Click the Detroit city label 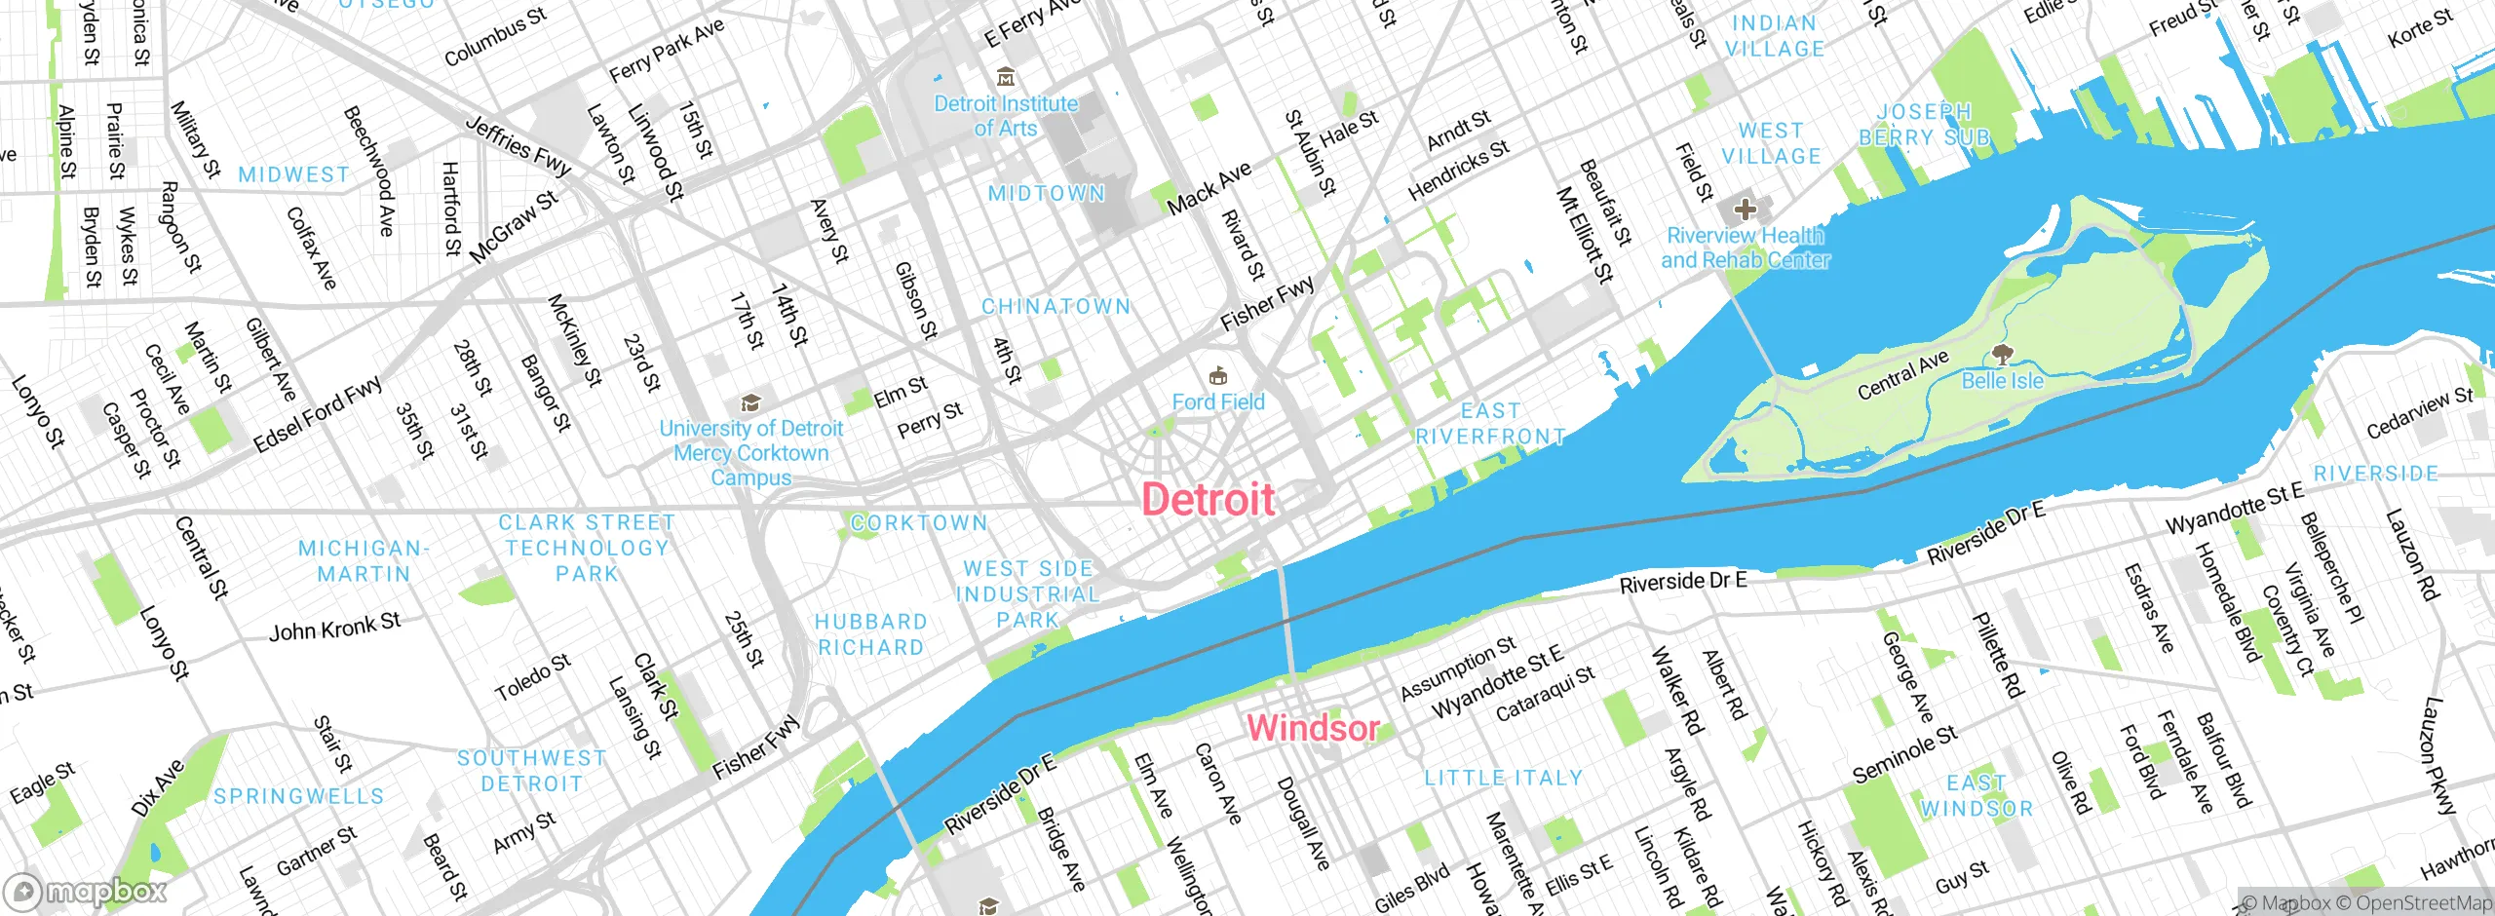(1208, 500)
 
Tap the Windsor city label (1313, 728)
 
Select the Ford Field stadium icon (1217, 376)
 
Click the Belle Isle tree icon (2002, 354)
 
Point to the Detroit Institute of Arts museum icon (1006, 78)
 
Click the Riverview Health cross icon (1745, 210)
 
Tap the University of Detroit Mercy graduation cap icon (750, 402)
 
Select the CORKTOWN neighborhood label (919, 523)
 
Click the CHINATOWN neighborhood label (1056, 307)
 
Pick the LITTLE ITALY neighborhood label (1503, 779)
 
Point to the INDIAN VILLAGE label (1775, 36)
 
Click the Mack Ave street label (1209, 188)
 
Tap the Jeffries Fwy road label (518, 146)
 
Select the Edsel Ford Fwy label (318, 415)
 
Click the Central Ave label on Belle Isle (1902, 375)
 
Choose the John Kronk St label (334, 627)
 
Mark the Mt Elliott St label (1585, 235)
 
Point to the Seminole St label (1904, 755)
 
